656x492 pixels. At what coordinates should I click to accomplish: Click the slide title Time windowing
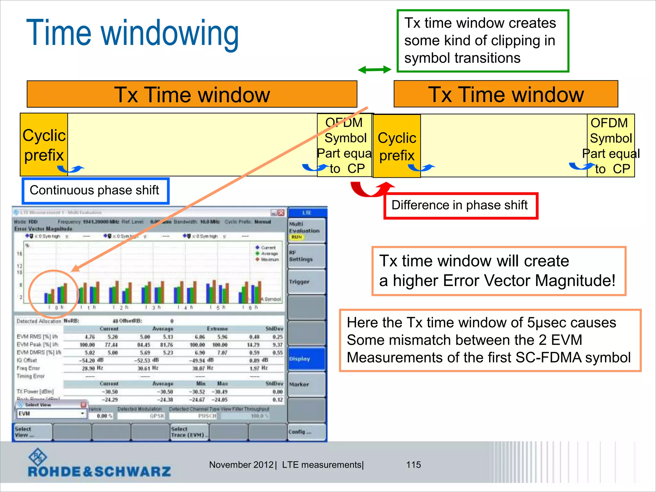[x=133, y=33]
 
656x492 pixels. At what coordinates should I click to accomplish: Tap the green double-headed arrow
[x=374, y=70]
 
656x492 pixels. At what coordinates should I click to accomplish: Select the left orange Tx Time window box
[x=192, y=94]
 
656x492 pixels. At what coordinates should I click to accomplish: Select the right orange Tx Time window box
[x=505, y=94]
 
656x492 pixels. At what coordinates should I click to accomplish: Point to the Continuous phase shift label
[x=95, y=191]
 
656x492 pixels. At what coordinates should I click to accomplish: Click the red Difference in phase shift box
[x=460, y=206]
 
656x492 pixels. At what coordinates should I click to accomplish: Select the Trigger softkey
[x=306, y=282]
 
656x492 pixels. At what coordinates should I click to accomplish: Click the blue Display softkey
[x=306, y=359]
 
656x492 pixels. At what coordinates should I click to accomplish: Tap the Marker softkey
[x=306, y=384]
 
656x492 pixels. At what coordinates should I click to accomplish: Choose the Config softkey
[x=306, y=432]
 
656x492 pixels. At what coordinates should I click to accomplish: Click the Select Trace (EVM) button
[x=189, y=432]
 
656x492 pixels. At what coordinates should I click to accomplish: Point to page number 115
[x=413, y=465]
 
